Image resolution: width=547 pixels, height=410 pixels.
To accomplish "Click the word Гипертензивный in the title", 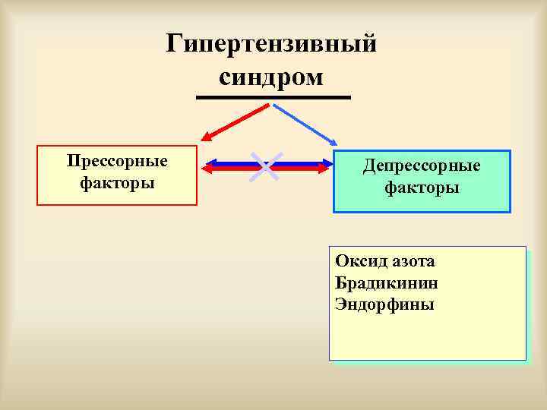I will (271, 44).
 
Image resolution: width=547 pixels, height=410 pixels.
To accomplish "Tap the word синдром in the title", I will (271, 77).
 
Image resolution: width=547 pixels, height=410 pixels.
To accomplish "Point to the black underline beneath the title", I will (273, 98).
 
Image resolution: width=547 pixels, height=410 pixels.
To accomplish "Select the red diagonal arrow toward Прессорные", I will (236, 122).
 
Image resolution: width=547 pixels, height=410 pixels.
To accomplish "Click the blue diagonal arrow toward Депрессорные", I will (304, 123).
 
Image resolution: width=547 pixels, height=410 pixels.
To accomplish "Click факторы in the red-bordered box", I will (117, 183).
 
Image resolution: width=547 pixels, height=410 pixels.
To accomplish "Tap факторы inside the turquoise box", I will (422, 187).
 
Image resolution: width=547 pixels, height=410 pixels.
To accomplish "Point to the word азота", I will (414, 262).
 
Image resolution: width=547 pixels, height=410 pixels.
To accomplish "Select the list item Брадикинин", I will (386, 283).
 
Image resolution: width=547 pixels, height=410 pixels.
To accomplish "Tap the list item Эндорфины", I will (384, 305).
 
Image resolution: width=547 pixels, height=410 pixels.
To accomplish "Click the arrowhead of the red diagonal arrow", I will (206, 138).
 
